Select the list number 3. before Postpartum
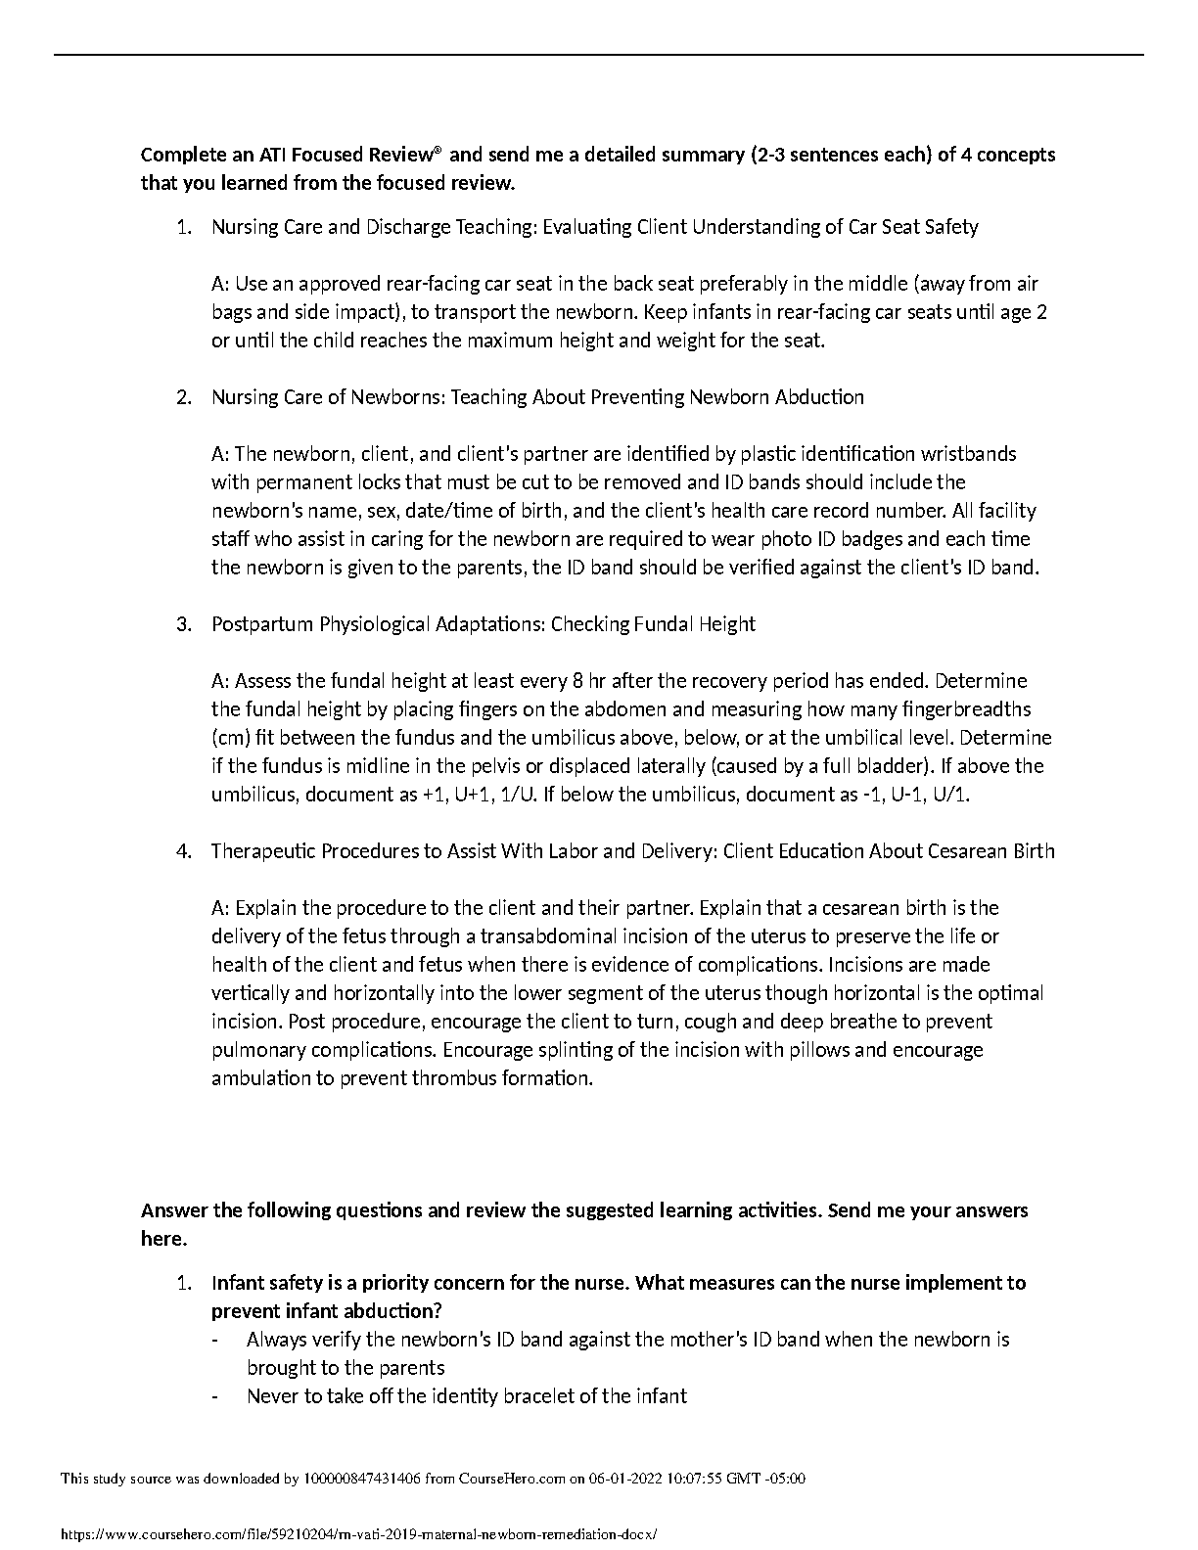[184, 624]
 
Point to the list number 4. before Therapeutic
[184, 851]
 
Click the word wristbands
[970, 454]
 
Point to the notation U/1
[953, 795]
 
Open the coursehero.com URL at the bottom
[359, 1535]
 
